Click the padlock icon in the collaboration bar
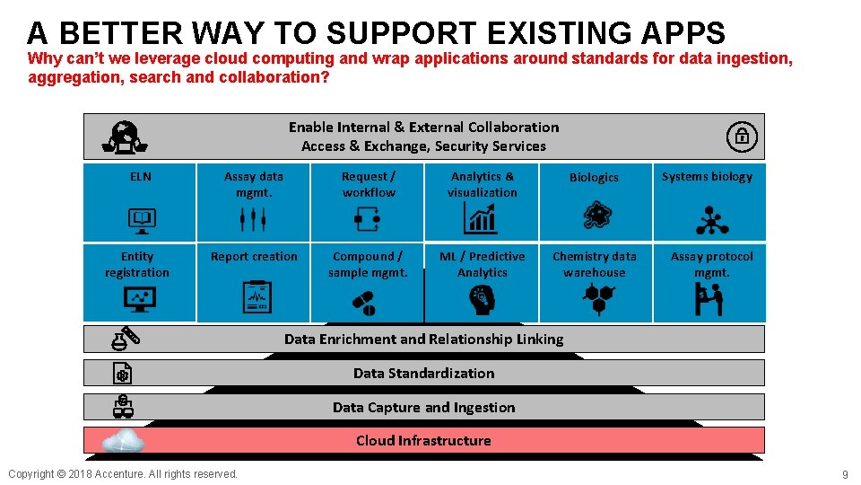[x=742, y=137]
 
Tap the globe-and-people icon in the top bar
[x=126, y=137]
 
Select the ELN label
[x=141, y=177]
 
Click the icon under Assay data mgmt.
[x=253, y=217]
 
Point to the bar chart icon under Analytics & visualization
[x=482, y=217]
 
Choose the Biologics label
[x=594, y=178]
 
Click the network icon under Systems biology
[x=712, y=218]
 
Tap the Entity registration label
[x=137, y=264]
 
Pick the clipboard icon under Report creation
[x=257, y=296]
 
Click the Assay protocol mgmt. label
[x=712, y=264]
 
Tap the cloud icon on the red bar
[x=124, y=440]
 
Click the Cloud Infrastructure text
[x=423, y=440]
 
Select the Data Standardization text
[x=423, y=373]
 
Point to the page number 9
[x=844, y=474]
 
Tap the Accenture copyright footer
[x=123, y=473]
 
